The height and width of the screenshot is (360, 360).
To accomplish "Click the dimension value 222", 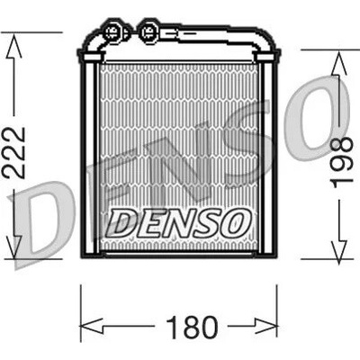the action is [x=13, y=153].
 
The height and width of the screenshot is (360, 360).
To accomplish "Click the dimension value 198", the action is [x=341, y=162].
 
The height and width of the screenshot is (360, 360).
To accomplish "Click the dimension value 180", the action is [x=192, y=327].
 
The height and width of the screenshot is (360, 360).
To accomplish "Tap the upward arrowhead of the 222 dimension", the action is [x=13, y=46].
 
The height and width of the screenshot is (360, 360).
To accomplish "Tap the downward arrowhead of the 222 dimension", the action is [x=13, y=246].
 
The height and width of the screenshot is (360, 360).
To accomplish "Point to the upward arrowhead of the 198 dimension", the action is [x=339, y=63].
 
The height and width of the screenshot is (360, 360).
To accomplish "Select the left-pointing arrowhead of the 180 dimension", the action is [x=92, y=326].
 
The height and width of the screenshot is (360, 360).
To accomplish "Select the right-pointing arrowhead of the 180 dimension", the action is [x=265, y=326].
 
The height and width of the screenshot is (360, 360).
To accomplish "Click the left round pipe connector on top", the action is [x=112, y=31].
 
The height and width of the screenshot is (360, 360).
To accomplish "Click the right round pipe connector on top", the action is [x=148, y=31].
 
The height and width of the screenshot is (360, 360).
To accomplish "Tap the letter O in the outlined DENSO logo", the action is [x=237, y=222].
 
